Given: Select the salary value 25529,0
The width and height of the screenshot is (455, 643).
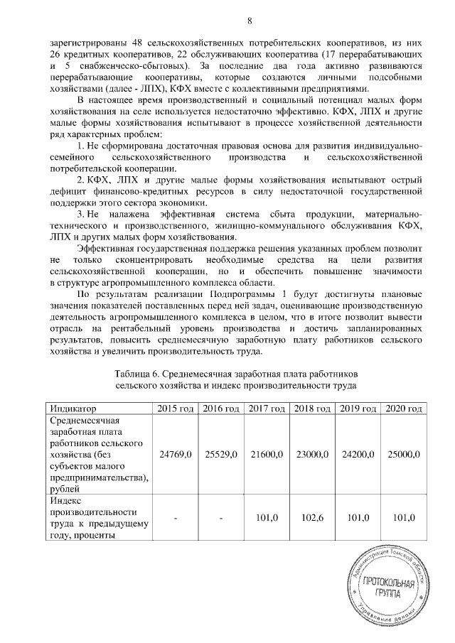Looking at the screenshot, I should tap(220, 453).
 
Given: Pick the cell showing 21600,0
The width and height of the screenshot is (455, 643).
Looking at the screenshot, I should tap(266, 453).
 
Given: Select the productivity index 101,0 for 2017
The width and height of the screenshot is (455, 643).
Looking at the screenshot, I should tap(266, 519).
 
